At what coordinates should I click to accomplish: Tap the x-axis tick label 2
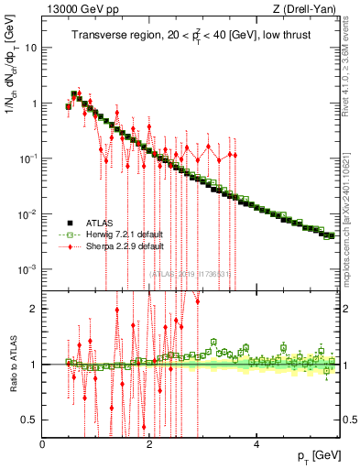coord(149,443)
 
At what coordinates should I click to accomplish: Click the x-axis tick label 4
coord(256,443)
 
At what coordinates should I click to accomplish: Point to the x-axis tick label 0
coord(43,443)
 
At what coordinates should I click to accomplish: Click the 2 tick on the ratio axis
coord(34,309)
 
